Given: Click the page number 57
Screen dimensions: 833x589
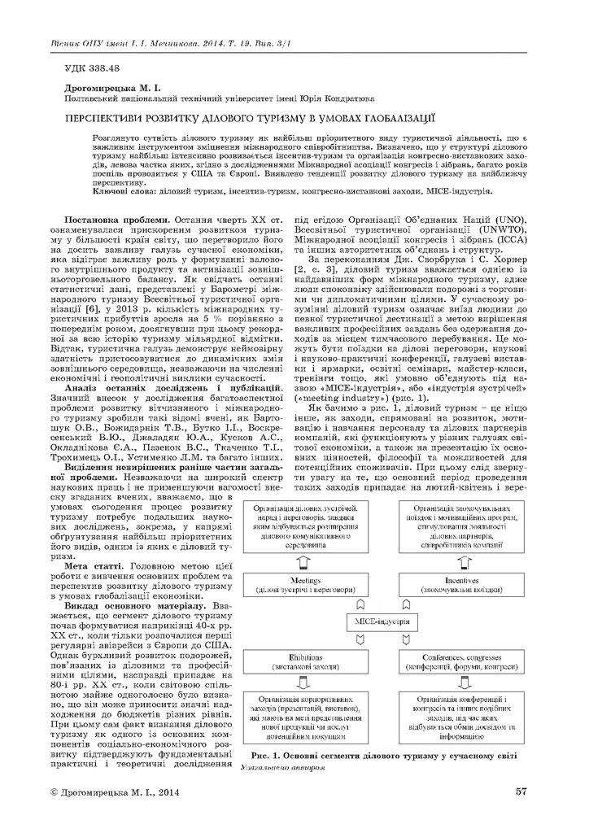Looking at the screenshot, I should coord(521,790).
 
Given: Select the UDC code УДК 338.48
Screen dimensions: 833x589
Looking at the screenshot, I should coord(91,68).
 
